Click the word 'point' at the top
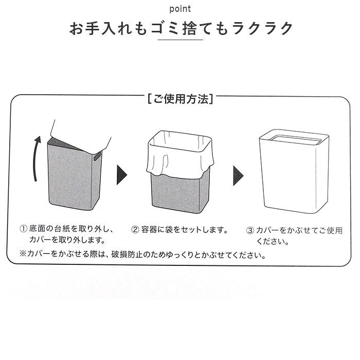click(x=180, y=9)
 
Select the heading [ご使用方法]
click(x=180, y=99)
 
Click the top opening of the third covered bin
click(x=292, y=137)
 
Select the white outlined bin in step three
click(x=292, y=175)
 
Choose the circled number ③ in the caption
click(x=250, y=230)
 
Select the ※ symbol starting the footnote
click(x=23, y=254)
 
